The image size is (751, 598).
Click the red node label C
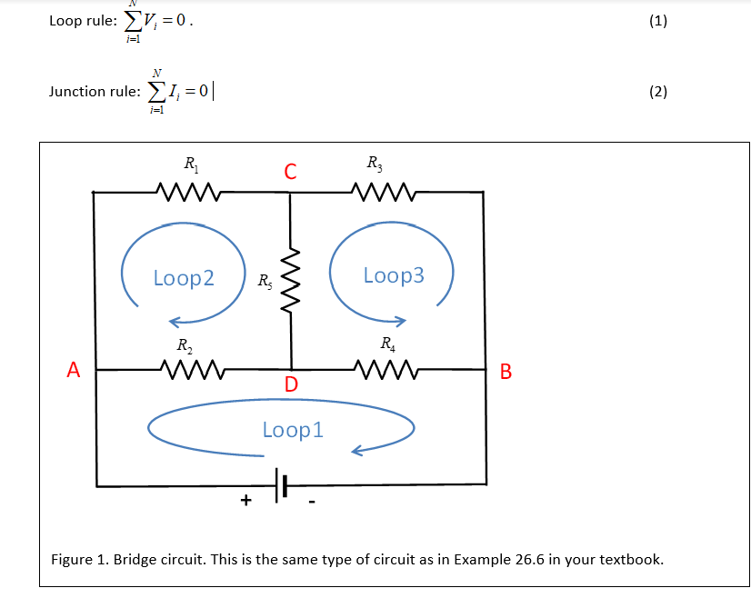(x=289, y=170)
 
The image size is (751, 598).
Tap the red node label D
(x=290, y=384)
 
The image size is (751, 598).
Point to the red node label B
(x=506, y=371)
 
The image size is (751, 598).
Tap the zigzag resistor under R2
(x=189, y=370)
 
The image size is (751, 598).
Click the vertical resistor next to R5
(x=291, y=280)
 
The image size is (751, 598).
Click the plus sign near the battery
(x=245, y=501)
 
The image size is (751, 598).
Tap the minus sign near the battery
(x=311, y=501)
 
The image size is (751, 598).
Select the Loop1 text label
(x=292, y=430)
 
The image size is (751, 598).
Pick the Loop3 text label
(x=394, y=275)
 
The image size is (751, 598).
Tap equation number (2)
(x=658, y=91)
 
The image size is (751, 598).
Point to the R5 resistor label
(x=263, y=282)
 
